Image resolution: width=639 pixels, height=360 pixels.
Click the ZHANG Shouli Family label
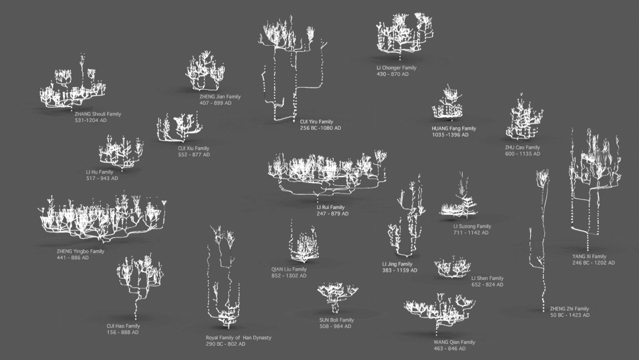coord(98,114)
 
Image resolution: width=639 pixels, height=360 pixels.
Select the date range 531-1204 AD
coord(91,120)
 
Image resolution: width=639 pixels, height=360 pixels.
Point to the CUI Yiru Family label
coord(317,122)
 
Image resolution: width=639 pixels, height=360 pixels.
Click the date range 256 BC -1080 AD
coord(320,128)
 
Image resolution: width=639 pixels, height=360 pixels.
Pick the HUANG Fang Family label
coord(454,128)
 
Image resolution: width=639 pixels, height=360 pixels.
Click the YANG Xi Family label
coord(589,256)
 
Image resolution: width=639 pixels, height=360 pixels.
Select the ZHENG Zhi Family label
coord(569,308)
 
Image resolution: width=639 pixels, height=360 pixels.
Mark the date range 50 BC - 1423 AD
coord(569,315)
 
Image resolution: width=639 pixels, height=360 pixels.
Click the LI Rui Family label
coord(330,207)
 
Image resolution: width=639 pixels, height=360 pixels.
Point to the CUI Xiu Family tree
coord(179,127)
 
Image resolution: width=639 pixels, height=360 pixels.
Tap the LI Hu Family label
coord(99,172)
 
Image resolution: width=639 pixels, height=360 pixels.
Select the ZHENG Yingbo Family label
coord(80,251)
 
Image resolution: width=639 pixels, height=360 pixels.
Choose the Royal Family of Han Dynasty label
coord(238,337)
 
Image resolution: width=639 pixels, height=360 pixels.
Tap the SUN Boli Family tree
coord(337,295)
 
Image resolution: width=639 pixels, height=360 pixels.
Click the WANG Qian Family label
coord(454,342)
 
